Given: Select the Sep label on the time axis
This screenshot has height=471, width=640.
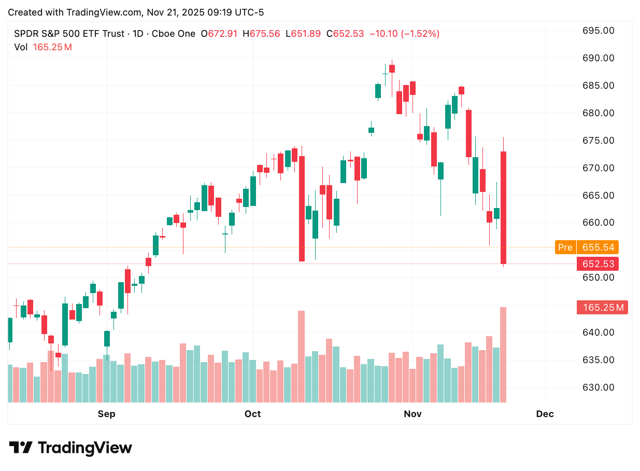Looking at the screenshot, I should coord(106,414).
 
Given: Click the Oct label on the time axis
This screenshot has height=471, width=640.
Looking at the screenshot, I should coord(253,414).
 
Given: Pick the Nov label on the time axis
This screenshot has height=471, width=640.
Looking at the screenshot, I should coord(413,414).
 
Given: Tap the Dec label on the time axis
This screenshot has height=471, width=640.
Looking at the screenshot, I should coord(545,414).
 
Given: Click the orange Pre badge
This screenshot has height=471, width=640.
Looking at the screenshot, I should coord(565,247).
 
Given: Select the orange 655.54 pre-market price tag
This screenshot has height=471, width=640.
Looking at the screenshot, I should coord(598,247).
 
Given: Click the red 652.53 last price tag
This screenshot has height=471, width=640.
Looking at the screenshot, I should coord(598,264).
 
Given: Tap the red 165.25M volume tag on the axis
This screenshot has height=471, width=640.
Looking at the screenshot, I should coord(602,308).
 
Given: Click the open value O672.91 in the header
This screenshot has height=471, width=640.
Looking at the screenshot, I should coord(219,34).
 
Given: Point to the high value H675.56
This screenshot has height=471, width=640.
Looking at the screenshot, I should coord(265,34).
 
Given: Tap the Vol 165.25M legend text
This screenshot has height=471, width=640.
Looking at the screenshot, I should coord(43,47).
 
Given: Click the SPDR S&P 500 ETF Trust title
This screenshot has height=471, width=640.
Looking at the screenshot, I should coord(69,34).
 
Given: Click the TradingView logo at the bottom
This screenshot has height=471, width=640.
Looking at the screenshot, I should coord(71,448).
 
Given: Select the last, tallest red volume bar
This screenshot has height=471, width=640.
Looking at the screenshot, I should coord(503,355).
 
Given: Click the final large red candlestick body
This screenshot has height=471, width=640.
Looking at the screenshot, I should coord(503,207).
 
